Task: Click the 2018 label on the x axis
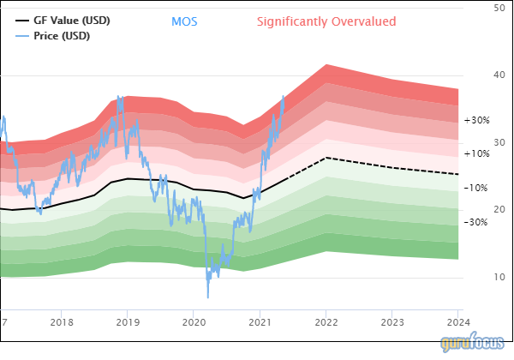(62, 322)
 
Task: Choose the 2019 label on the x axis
(128, 322)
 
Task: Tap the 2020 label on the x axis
(194, 322)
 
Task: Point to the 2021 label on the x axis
(260, 322)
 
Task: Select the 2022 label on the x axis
(326, 322)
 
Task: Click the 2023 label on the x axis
(391, 322)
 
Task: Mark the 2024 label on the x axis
(457, 322)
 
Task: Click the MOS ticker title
(184, 21)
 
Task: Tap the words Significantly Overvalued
(326, 21)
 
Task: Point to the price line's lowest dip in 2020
(207, 297)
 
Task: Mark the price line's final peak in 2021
(283, 97)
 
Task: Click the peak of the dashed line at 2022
(326, 158)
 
